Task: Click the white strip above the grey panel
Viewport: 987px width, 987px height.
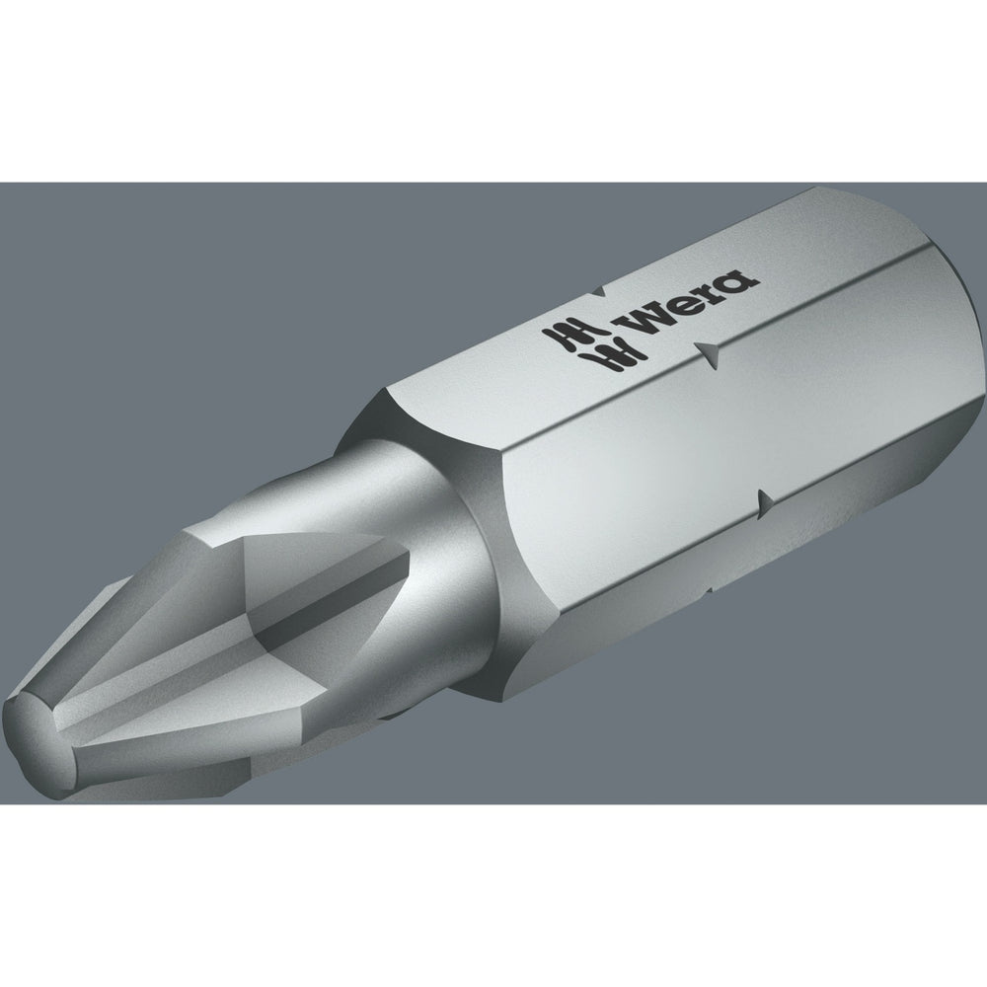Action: coord(493,89)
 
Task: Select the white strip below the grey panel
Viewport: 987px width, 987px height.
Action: coord(493,898)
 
